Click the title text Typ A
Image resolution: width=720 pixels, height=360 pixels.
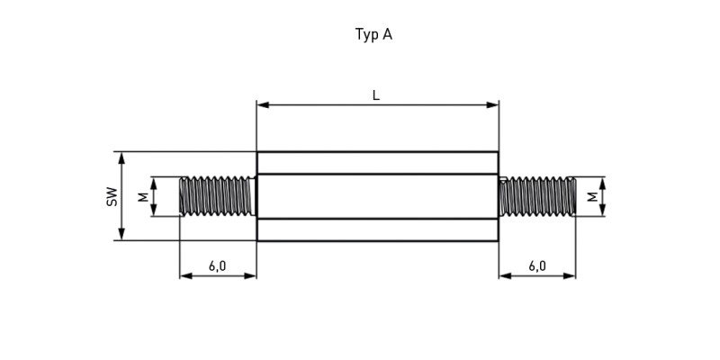click(x=373, y=35)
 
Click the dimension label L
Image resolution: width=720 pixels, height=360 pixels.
click(x=376, y=95)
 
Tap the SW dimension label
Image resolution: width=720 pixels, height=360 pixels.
click(x=112, y=196)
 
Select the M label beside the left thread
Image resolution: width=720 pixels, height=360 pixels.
click(x=144, y=196)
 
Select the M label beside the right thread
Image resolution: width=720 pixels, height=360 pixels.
click(x=593, y=196)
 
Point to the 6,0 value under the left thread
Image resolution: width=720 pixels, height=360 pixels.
click(x=217, y=265)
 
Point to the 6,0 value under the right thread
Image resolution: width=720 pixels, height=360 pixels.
click(x=536, y=265)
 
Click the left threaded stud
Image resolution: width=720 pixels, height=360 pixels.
click(x=218, y=196)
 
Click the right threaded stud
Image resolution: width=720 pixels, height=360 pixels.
click(x=537, y=196)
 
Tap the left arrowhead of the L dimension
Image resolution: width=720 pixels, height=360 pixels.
click(x=263, y=105)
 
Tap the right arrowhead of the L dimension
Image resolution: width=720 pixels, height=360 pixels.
click(x=492, y=105)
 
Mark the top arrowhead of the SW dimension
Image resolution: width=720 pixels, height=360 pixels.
click(x=121, y=158)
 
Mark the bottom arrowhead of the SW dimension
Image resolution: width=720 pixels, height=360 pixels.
click(x=121, y=234)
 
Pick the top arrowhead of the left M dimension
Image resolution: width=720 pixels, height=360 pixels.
click(x=154, y=184)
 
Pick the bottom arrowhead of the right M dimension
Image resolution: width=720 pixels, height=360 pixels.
click(x=602, y=210)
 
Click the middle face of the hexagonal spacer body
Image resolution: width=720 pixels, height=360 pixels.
click(x=377, y=196)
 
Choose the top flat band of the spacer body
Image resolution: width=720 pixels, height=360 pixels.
click(x=377, y=163)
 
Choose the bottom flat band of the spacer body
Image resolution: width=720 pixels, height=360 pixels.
click(x=377, y=229)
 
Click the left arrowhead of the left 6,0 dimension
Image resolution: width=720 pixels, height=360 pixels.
click(x=185, y=276)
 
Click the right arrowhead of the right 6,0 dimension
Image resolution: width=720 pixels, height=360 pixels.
click(x=570, y=276)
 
